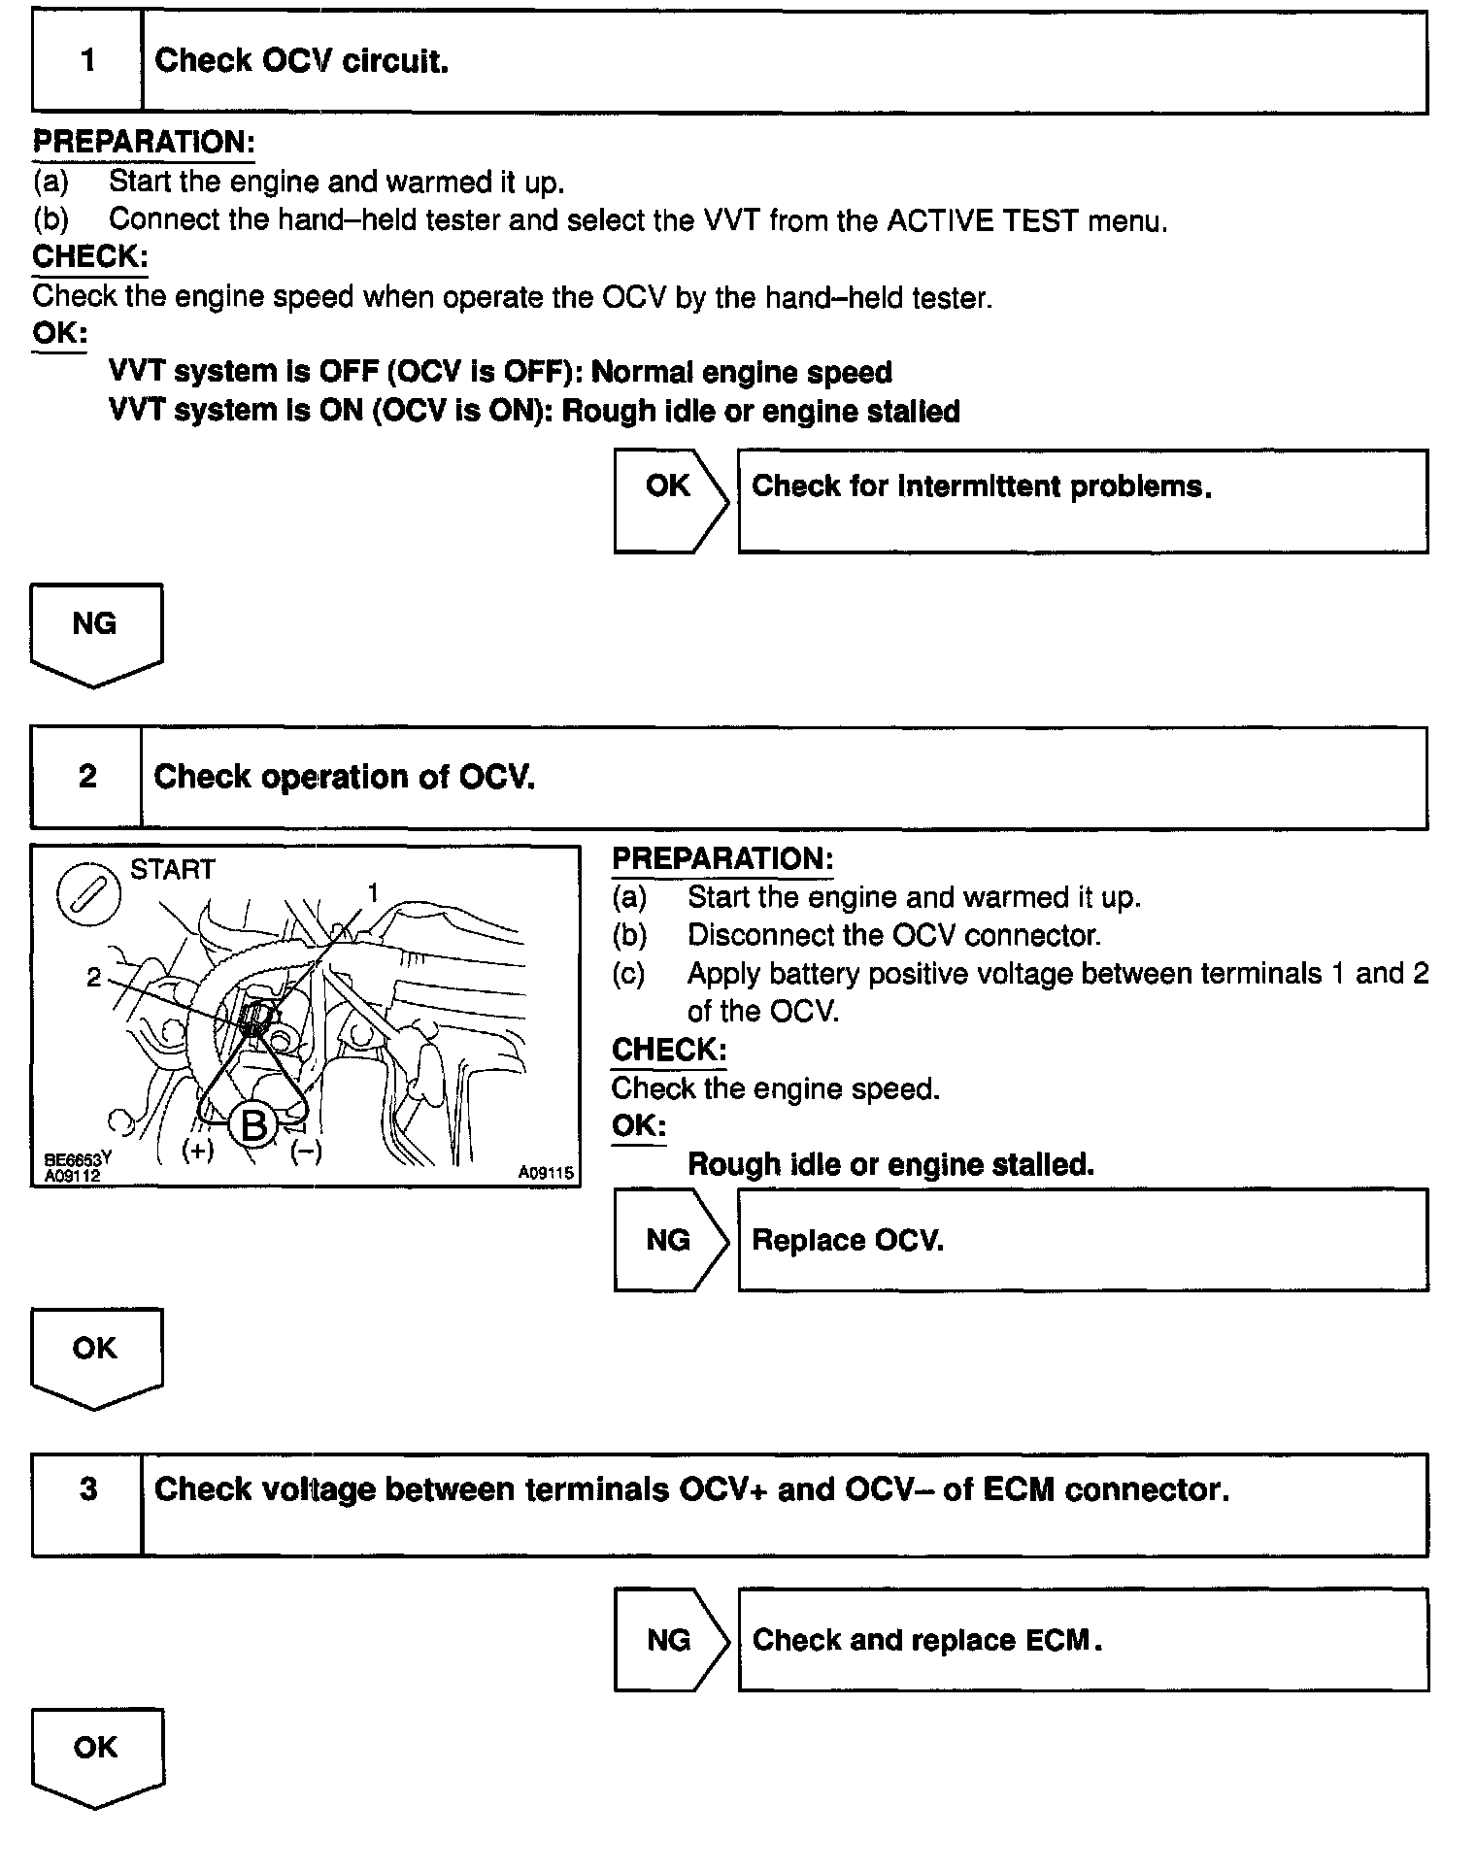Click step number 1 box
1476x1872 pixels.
87,61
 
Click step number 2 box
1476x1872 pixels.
87,777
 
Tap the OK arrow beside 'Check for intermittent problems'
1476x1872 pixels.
670,500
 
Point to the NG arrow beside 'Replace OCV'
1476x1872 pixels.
670,1240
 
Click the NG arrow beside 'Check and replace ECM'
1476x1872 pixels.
670,1640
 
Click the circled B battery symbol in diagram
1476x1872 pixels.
252,1126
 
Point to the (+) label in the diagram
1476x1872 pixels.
198,1152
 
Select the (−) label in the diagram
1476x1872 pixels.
307,1152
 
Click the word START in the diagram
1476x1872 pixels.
173,869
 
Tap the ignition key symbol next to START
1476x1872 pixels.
89,893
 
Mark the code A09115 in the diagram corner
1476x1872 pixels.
545,1173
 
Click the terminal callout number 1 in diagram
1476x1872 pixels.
372,892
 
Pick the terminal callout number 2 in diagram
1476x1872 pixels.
93,977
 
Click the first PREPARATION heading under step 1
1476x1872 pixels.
144,143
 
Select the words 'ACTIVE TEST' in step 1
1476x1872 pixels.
982,220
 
